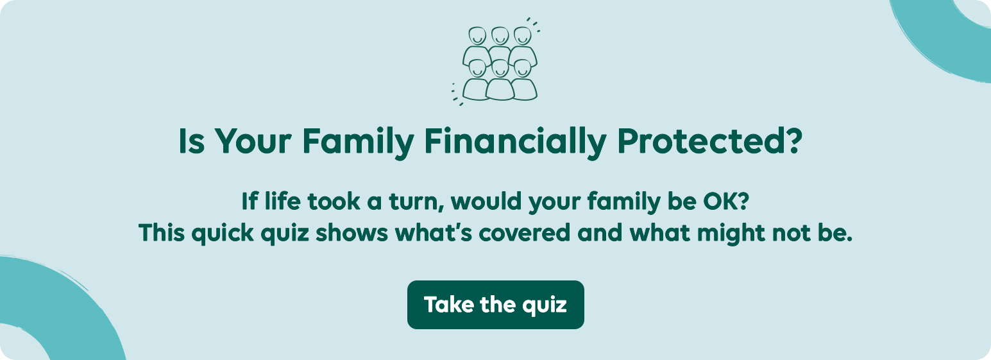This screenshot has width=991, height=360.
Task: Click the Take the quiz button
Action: point(495,305)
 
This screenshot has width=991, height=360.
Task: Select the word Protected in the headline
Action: point(699,141)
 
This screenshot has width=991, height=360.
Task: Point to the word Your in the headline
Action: point(253,141)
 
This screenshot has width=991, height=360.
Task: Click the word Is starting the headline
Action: point(192,141)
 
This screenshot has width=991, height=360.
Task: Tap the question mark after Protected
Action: point(792,141)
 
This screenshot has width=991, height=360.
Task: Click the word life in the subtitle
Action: point(282,201)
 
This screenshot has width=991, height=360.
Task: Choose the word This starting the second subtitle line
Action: point(162,233)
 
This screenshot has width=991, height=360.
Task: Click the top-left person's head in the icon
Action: point(477,36)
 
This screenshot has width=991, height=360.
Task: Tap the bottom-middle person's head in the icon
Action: point(500,68)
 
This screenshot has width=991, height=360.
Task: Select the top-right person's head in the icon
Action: point(523,36)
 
